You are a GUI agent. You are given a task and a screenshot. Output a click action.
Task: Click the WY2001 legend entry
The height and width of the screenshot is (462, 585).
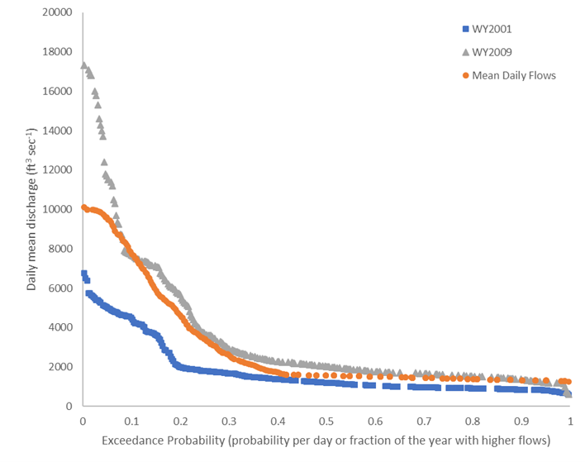(x=489, y=29)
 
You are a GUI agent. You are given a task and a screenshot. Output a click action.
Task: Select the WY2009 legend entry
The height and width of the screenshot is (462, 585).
(x=489, y=52)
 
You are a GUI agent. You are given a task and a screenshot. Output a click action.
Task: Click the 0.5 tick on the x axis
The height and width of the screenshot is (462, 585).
(x=326, y=421)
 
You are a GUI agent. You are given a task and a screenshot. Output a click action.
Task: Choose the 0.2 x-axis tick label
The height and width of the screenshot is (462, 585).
(x=180, y=421)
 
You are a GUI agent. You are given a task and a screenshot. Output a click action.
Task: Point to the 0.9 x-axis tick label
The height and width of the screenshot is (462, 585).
(x=521, y=421)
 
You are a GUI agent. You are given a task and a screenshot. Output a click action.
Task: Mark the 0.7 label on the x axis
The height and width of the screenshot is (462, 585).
(x=424, y=421)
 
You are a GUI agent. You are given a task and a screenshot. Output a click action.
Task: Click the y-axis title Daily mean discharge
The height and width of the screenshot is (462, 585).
(x=31, y=208)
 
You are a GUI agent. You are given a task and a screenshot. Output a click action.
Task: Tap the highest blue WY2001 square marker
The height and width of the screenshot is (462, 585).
(x=83, y=273)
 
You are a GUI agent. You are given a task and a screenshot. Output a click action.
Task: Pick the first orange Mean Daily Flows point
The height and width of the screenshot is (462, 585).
(x=83, y=207)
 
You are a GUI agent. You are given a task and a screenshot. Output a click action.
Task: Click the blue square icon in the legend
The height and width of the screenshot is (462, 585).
(x=466, y=29)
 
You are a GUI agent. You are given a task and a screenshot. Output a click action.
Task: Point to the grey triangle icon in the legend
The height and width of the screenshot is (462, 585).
(x=466, y=52)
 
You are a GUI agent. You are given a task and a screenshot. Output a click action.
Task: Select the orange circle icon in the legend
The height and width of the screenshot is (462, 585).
(x=466, y=75)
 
